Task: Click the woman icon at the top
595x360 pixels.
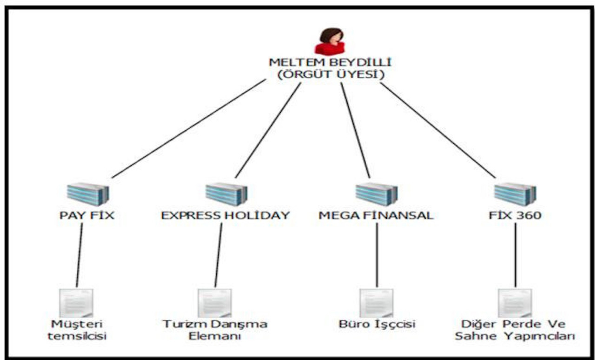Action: [330, 41]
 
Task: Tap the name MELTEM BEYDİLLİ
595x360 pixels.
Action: [330, 63]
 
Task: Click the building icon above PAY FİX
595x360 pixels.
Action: [87, 194]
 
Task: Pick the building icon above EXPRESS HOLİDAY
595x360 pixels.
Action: [226, 194]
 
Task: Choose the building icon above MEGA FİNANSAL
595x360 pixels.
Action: [377, 194]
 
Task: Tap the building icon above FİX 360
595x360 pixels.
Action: [515, 194]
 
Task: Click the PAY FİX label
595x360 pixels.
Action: [87, 216]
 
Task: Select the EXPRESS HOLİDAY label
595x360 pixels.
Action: [225, 216]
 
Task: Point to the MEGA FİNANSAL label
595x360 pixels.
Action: [376, 216]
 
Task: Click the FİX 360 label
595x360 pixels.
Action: [515, 216]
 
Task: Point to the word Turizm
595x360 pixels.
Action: [181, 324]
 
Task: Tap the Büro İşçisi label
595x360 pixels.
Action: [377, 324]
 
